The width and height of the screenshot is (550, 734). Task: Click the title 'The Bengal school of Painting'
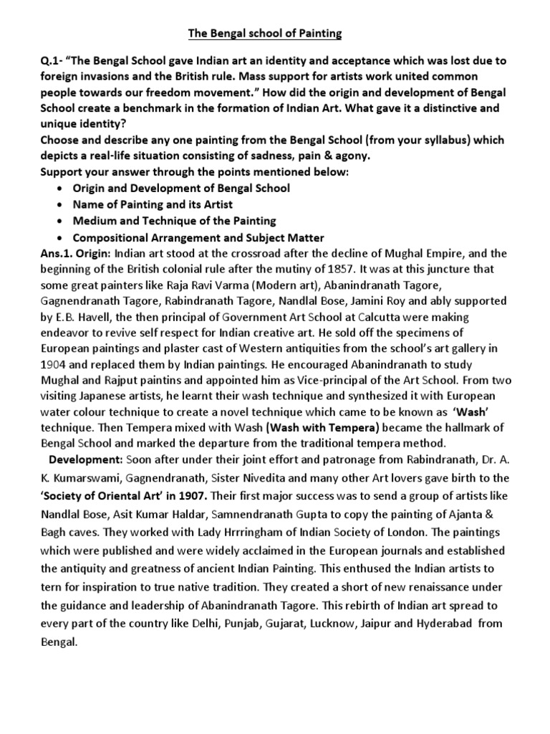[275, 33]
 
